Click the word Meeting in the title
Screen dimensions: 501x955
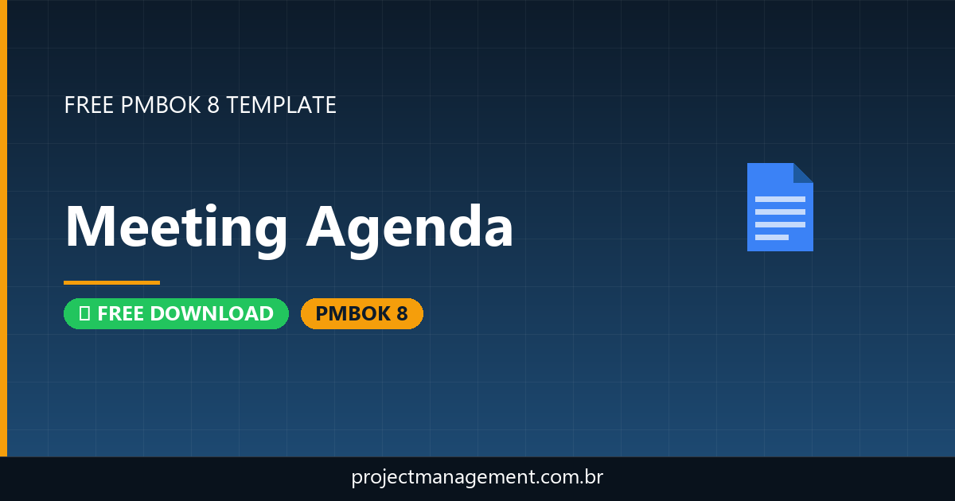pyautogui.click(x=176, y=227)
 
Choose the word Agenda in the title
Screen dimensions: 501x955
pyautogui.click(x=410, y=227)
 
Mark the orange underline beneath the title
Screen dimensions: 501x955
pyautogui.click(x=111, y=282)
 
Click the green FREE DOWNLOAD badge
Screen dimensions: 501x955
pyautogui.click(x=176, y=314)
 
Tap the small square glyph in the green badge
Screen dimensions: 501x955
pyautogui.click(x=84, y=314)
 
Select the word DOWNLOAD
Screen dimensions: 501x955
pyautogui.click(x=212, y=314)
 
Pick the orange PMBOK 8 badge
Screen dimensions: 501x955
pyautogui.click(x=361, y=314)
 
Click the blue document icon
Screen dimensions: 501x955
pyautogui.click(x=779, y=208)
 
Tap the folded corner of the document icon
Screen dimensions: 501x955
pyautogui.click(x=803, y=173)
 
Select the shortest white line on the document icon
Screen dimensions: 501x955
pyautogui.click(x=771, y=237)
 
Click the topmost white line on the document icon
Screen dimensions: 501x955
pyautogui.click(x=780, y=199)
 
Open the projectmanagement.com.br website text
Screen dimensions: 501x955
pyautogui.click(x=477, y=478)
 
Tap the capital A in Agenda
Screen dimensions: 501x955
pyautogui.click(x=327, y=227)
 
